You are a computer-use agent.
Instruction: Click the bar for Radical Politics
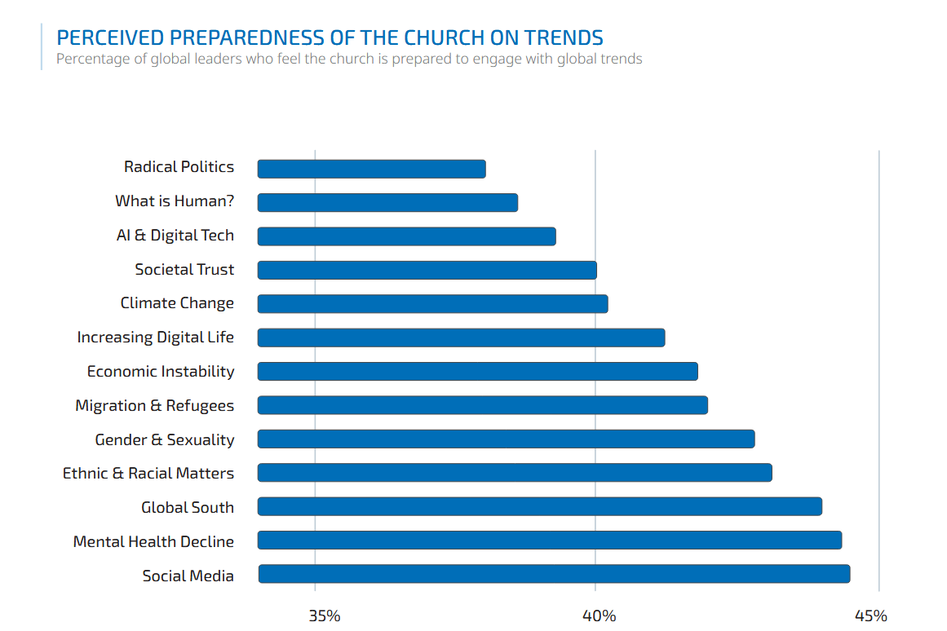point(371,169)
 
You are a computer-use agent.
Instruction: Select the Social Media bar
point(554,574)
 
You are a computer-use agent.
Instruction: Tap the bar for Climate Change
point(432,304)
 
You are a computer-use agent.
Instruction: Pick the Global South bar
point(539,506)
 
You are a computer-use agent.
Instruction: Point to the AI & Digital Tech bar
point(406,236)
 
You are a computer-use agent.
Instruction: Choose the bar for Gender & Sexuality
point(506,439)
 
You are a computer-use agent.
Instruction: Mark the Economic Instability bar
point(477,372)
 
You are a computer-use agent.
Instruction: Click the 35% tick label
point(325,616)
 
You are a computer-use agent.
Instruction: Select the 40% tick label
point(600,616)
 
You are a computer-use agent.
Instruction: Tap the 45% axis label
point(870,616)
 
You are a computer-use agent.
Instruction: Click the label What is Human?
point(174,201)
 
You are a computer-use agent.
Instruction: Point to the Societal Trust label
point(184,269)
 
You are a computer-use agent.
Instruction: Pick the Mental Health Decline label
point(153,541)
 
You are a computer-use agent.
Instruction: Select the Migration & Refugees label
point(154,405)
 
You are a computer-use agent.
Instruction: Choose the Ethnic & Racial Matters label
point(148,473)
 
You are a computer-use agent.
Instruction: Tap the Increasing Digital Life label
point(155,337)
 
